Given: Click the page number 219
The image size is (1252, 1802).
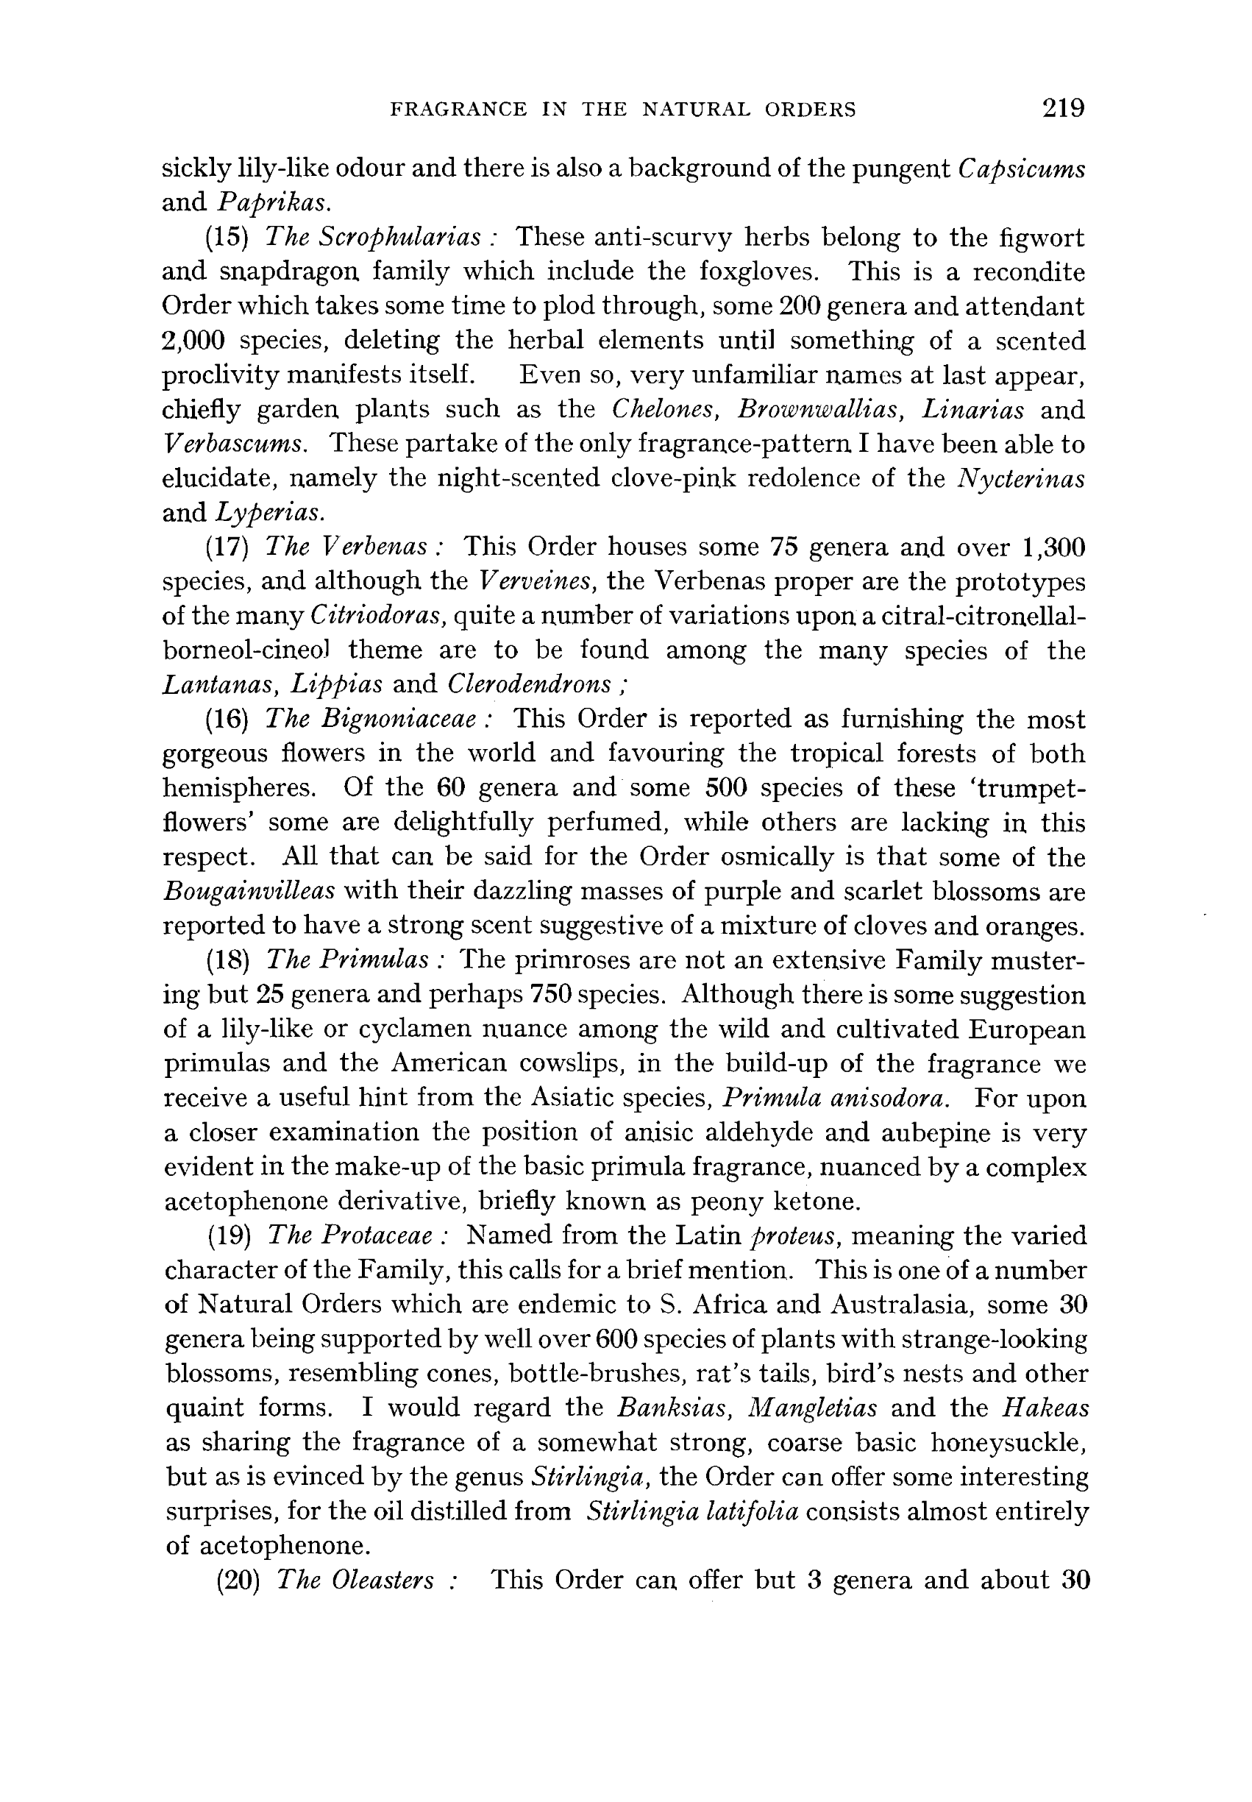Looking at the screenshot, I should click(1063, 107).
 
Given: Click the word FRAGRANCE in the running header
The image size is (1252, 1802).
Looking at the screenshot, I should click(458, 109).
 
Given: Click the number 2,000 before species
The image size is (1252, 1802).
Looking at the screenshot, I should click(193, 341).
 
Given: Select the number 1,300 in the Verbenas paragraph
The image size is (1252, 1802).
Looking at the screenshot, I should click(1053, 547).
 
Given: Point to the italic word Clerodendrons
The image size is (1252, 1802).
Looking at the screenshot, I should click(529, 684).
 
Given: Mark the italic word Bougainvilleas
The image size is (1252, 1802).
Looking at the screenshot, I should click(249, 891).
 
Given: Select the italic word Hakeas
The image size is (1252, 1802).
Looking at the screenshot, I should click(1046, 1408).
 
